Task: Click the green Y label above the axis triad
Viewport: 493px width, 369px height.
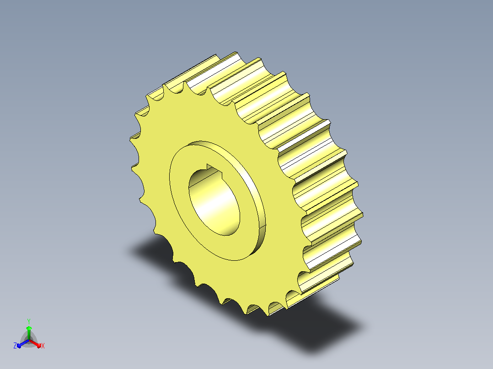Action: tap(29, 321)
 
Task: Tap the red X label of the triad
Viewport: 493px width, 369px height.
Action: tap(43, 346)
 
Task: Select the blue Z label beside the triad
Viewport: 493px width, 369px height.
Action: tap(15, 345)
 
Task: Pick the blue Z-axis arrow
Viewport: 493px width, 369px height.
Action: tap(23, 343)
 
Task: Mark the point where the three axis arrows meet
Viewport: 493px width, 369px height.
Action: tap(29, 340)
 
